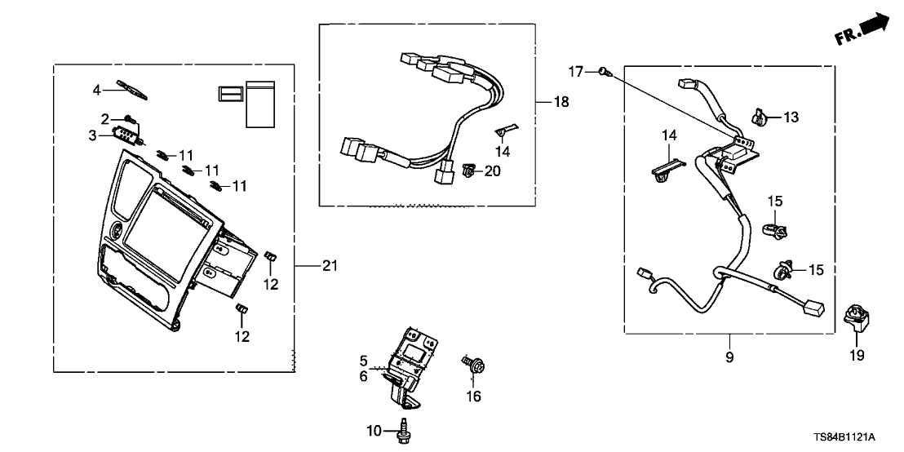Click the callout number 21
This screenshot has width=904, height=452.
pyautogui.click(x=329, y=265)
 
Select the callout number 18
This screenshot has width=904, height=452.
pyautogui.click(x=561, y=102)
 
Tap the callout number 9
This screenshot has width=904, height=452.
pyautogui.click(x=729, y=357)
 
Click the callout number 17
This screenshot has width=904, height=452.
pyautogui.click(x=576, y=72)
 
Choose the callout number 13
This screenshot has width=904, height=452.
pyautogui.click(x=791, y=117)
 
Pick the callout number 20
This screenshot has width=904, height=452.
pyautogui.click(x=492, y=171)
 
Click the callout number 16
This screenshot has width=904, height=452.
pyautogui.click(x=474, y=397)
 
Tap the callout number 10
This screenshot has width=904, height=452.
pyautogui.click(x=375, y=429)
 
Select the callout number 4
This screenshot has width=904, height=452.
pyautogui.click(x=96, y=89)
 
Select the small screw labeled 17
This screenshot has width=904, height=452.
pyautogui.click(x=604, y=73)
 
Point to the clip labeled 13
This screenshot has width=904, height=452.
pyautogui.click(x=758, y=118)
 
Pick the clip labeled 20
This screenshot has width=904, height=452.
pyautogui.click(x=468, y=171)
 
